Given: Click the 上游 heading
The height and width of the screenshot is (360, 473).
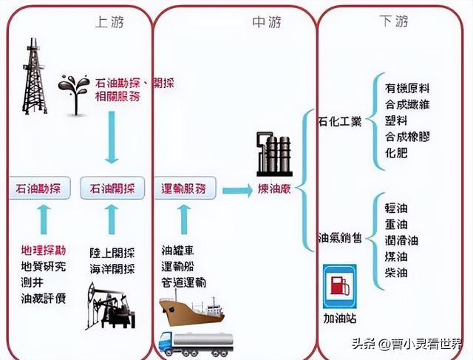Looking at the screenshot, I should click(109, 22).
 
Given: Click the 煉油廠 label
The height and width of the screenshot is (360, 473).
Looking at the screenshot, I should click(274, 190).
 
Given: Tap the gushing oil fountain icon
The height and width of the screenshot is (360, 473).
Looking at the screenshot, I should click(74, 92).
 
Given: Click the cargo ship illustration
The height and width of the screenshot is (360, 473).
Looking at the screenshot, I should click(191, 310).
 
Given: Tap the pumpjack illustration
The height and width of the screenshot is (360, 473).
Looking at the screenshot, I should click(109, 307).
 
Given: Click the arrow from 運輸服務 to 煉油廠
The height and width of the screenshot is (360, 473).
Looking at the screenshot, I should click(236, 191).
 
